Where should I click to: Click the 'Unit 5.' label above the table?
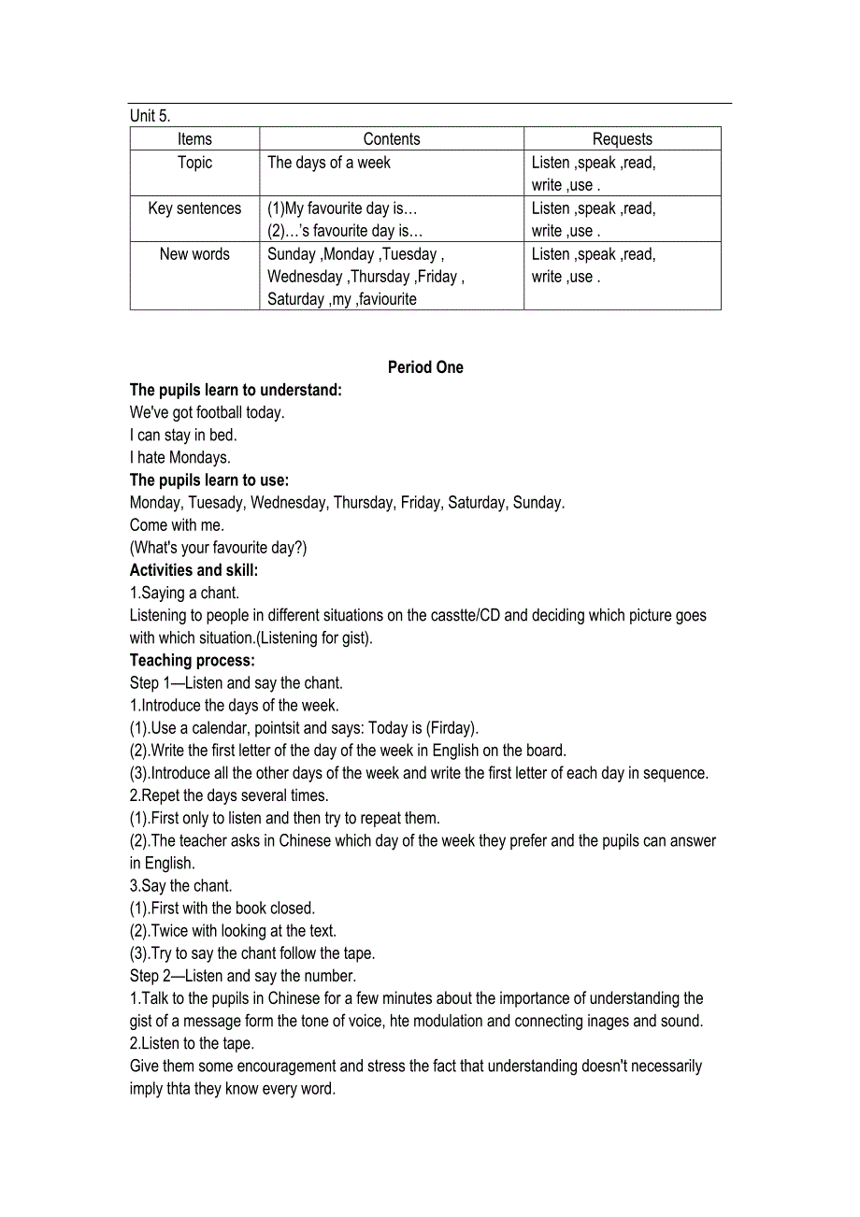(x=150, y=116)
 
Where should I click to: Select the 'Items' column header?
(x=194, y=139)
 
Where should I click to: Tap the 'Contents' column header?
(x=392, y=139)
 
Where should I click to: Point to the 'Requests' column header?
(x=622, y=139)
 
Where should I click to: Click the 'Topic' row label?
(x=194, y=163)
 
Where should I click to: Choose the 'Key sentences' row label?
(x=194, y=208)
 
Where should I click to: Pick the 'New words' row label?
(x=194, y=254)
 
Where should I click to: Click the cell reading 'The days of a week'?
(x=329, y=163)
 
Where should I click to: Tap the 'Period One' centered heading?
(x=425, y=367)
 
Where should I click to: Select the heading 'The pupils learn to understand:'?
(x=236, y=390)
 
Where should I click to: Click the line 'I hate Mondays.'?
(x=179, y=457)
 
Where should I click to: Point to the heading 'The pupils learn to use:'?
(x=209, y=480)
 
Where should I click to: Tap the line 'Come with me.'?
(x=177, y=525)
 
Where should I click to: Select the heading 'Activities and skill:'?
(x=193, y=570)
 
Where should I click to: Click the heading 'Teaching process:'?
(x=192, y=660)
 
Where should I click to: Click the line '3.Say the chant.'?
(x=180, y=885)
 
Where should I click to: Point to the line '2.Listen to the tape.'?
(x=192, y=1043)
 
